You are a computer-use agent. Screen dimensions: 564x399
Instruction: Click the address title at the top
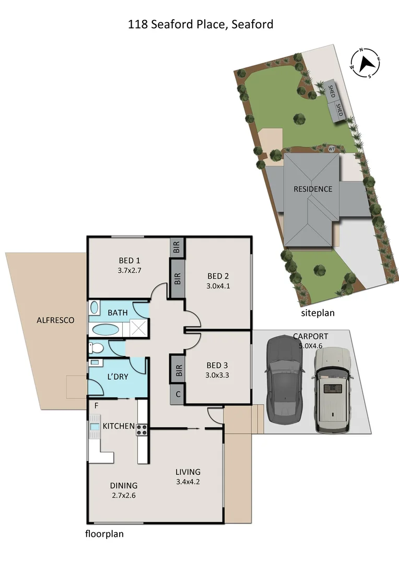[x=201, y=24]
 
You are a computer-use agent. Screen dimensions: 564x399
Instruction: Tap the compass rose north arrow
[x=366, y=63]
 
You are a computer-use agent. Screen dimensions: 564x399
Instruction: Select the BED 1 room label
[x=130, y=261]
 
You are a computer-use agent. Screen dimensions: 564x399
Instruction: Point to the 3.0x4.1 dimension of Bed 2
[x=219, y=286]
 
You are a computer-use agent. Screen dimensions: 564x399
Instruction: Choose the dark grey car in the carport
[x=284, y=380]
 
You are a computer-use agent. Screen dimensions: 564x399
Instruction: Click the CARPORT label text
[x=311, y=336]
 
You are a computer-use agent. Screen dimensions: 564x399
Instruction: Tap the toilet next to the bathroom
[x=98, y=348]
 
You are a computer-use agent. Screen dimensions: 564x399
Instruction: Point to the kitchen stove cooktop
[x=142, y=430]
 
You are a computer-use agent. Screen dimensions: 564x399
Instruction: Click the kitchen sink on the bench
[x=95, y=427]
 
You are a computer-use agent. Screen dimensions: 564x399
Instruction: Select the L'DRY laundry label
[x=118, y=376]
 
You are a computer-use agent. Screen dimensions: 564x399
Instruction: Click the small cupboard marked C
[x=178, y=394]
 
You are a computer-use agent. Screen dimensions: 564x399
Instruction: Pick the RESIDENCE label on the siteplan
[x=312, y=189]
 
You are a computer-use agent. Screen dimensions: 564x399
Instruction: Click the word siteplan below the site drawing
[x=317, y=313]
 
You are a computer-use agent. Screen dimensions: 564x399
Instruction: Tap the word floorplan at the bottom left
[x=104, y=534]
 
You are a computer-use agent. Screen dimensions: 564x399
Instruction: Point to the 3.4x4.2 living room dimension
[x=188, y=481]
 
